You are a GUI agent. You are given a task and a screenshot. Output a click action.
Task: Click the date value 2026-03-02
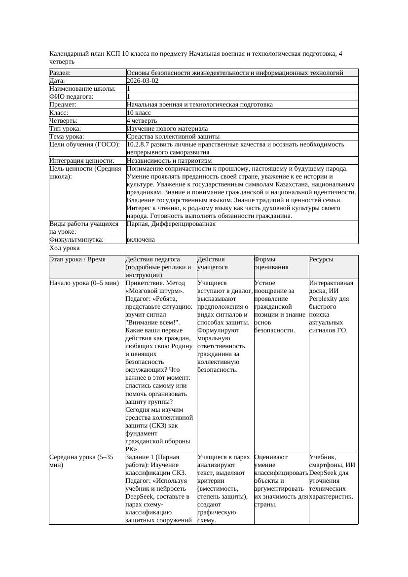143,81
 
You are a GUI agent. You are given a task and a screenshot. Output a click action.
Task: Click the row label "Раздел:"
60,73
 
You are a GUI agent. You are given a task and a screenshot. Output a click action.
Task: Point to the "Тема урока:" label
67,136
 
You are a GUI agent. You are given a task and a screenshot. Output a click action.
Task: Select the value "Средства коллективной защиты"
173,136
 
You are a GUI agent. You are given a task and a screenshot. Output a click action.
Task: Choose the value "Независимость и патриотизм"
169,160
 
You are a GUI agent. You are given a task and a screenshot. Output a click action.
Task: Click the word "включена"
141,240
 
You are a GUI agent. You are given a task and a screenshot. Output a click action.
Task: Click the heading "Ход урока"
65,248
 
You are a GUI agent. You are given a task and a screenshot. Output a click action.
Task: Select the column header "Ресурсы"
321,259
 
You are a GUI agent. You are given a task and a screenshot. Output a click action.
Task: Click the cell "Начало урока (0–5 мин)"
84,283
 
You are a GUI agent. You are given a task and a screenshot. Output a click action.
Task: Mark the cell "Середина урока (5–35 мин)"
81,461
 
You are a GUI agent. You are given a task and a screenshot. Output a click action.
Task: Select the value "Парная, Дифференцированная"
171,224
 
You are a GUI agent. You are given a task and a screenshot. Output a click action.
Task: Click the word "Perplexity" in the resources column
324,299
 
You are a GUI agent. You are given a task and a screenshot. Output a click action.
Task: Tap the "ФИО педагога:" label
72,97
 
